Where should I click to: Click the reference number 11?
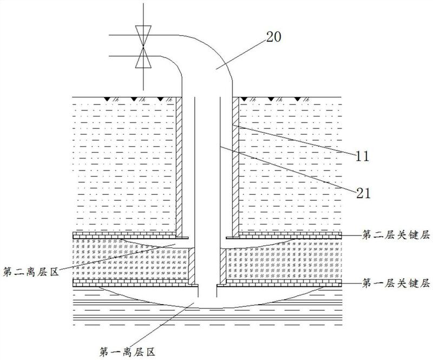362,156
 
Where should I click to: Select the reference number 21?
362,191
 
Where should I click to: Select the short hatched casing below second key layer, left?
193,265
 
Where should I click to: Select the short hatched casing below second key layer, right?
222,265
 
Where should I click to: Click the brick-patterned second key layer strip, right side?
287,235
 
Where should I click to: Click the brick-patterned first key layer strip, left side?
130,283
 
